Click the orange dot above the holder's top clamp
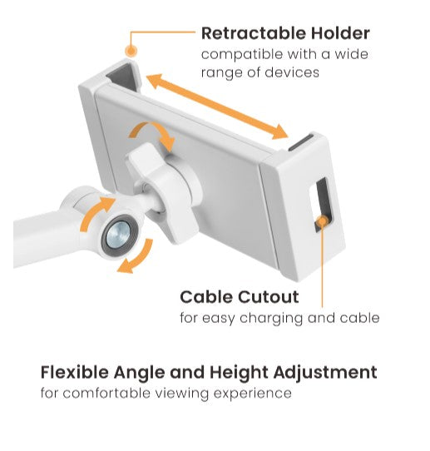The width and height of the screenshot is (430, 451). click(131, 52)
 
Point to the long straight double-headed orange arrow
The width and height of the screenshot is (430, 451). click(217, 107)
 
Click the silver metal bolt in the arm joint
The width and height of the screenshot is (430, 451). click(118, 235)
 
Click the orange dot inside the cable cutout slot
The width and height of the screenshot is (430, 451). click(322, 221)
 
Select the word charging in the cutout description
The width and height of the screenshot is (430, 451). click(271, 319)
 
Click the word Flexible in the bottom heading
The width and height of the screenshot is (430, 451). click(75, 373)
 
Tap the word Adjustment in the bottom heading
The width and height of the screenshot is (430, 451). click(325, 373)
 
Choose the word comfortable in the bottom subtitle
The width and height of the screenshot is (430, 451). click(106, 394)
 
